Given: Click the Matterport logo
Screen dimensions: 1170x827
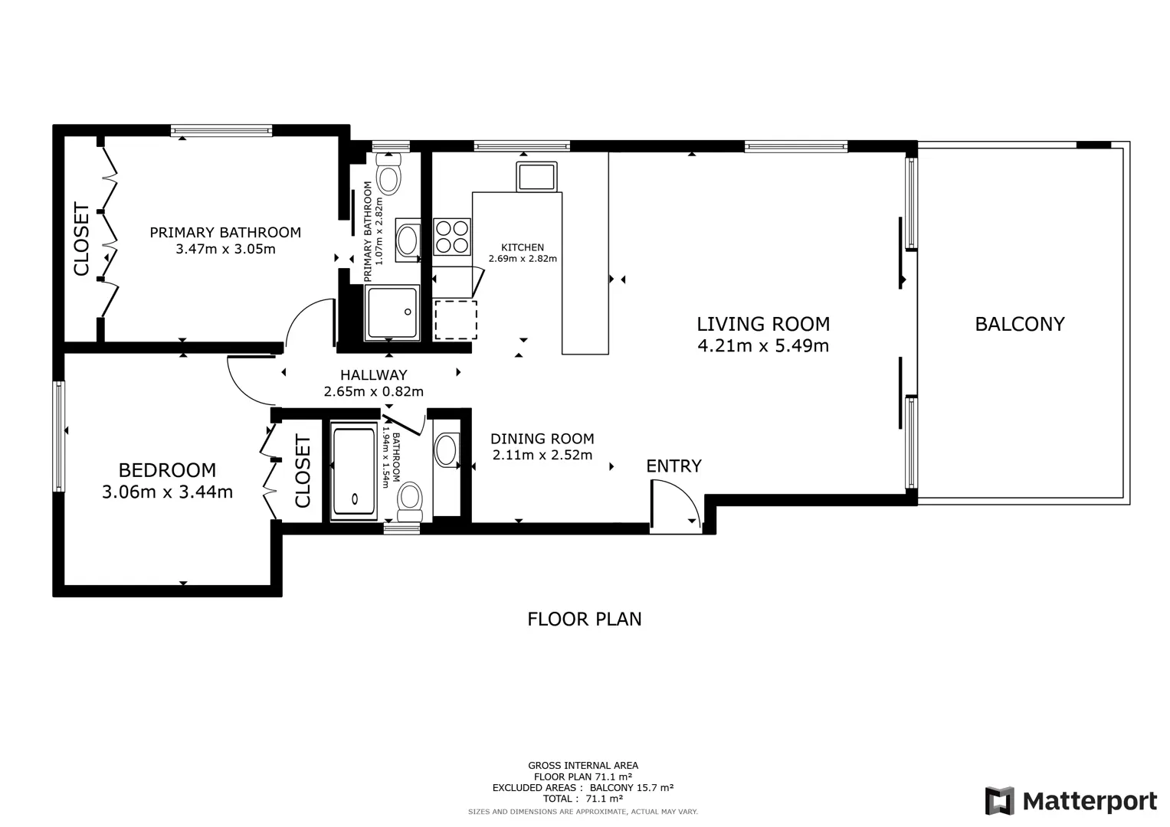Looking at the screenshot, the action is [1070, 801].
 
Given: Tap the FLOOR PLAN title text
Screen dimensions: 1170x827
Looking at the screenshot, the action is [584, 619].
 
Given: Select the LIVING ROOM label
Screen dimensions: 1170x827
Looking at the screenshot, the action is [763, 324].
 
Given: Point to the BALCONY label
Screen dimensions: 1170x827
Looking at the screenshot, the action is [1020, 324].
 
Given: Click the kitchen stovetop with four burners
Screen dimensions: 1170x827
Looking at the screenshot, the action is [452, 237].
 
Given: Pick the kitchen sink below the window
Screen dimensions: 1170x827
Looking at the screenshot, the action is [536, 177].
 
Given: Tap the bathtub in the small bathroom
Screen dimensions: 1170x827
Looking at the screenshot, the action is [354, 472].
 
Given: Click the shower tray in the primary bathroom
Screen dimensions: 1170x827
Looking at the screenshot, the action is [392, 312].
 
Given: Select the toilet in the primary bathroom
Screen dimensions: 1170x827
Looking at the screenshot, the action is [389, 173].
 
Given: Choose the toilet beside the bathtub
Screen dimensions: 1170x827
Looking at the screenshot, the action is [409, 502].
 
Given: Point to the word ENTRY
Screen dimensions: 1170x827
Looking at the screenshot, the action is [673, 466].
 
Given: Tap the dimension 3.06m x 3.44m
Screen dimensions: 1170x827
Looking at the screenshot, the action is [167, 492].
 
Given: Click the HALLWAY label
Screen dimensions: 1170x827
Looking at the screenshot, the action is [373, 375].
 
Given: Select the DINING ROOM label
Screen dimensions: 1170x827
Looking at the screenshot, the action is [542, 439].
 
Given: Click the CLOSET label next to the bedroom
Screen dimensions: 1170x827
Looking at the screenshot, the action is [303, 472].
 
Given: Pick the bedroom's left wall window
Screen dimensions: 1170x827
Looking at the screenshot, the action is [59, 436].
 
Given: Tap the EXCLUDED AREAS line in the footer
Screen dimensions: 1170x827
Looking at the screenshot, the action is [583, 787].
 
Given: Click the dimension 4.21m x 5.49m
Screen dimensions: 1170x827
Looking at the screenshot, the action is [763, 345].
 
